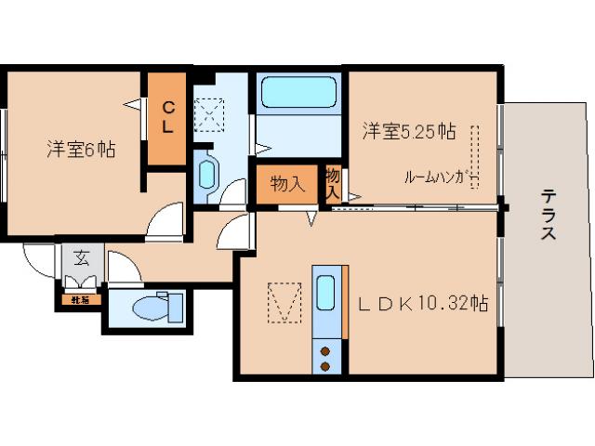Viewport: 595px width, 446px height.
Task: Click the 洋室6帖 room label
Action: click(x=81, y=149)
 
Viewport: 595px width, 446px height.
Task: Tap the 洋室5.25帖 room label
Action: click(x=409, y=132)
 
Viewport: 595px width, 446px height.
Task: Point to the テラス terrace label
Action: click(x=549, y=215)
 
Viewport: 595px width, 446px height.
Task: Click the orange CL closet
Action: click(x=167, y=119)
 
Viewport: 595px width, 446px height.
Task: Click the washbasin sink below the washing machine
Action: click(x=207, y=174)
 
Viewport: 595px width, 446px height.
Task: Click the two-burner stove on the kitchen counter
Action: click(x=326, y=357)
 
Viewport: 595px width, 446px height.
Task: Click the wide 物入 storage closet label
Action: click(x=286, y=184)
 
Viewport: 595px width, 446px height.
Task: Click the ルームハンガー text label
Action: click(x=442, y=177)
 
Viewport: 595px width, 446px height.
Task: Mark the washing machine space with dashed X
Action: click(x=208, y=115)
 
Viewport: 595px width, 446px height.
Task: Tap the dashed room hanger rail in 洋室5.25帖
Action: click(x=475, y=154)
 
